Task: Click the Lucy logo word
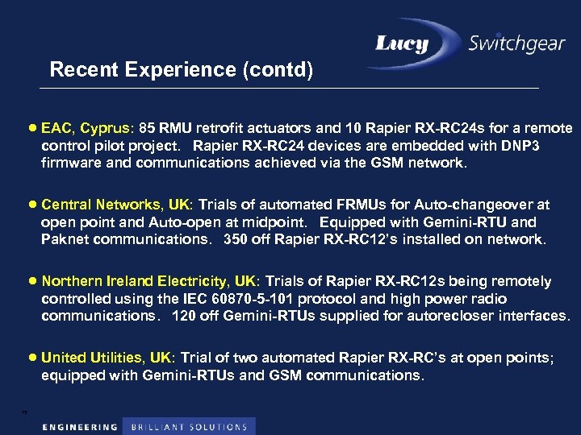pos(412,43)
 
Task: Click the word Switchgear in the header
pos(516,43)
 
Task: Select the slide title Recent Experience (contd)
pos(181,69)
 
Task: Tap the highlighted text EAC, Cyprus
pos(86,128)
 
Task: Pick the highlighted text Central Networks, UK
pos(117,205)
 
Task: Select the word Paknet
pos(64,239)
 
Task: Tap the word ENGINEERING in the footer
pos(80,426)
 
